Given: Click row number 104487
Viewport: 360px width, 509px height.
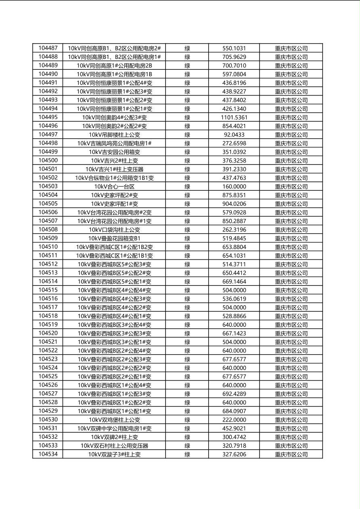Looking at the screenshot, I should click(x=48, y=48).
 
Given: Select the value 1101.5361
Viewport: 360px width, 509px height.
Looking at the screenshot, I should click(x=234, y=117).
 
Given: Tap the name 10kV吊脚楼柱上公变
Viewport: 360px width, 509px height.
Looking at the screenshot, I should click(x=115, y=135).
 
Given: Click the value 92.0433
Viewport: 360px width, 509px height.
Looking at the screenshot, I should click(x=234, y=135).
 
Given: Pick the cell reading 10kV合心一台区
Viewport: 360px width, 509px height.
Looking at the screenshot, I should click(x=115, y=186).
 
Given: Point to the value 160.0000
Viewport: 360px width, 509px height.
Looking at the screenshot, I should click(x=234, y=186).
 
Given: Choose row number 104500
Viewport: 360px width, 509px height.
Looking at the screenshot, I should click(x=48, y=161).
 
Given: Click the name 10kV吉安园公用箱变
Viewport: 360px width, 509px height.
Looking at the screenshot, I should click(x=115, y=152).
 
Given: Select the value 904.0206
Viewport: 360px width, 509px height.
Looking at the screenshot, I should click(x=234, y=204).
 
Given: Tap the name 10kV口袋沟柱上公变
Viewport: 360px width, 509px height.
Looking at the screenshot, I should click(x=115, y=229).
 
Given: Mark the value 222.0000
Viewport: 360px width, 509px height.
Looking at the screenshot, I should click(x=234, y=420).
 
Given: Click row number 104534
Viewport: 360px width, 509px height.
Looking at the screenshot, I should click(x=48, y=454).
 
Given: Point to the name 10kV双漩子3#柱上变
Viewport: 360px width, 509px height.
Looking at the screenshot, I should click(x=115, y=454).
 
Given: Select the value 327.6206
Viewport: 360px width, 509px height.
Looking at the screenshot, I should click(x=234, y=454).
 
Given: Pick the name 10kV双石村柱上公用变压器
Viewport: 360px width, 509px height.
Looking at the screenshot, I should click(x=115, y=446).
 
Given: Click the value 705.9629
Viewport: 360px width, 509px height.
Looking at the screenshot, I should click(x=234, y=57).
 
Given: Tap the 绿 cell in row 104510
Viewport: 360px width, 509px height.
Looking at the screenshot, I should click(x=187, y=247).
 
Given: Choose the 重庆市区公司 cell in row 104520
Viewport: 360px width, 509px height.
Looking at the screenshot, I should click(x=291, y=334).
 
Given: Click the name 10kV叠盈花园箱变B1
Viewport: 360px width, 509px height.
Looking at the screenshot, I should click(x=115, y=238).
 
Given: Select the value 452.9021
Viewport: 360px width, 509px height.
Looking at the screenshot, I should click(x=234, y=428).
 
